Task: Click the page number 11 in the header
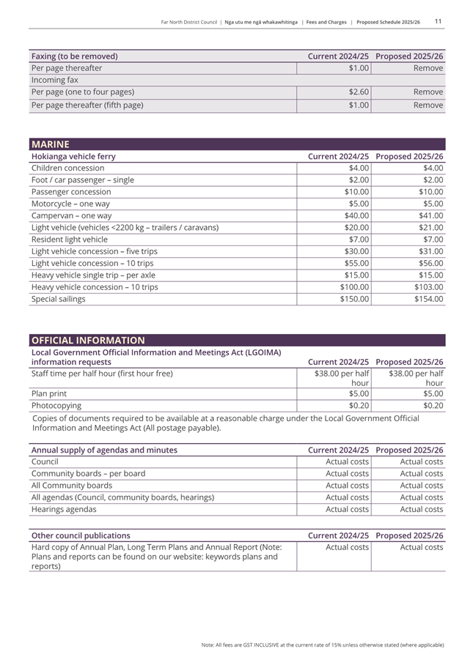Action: coord(438,22)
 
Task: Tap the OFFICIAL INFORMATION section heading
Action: coord(87,340)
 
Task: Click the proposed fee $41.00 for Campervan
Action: coord(429,216)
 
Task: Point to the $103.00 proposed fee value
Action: coord(427,287)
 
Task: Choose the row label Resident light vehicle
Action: coord(70,240)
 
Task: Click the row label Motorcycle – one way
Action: coord(70,204)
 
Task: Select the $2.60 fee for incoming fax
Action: coord(358,92)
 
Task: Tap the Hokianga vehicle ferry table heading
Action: coord(73,157)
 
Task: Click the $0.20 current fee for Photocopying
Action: coord(359,405)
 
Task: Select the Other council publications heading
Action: coord(81,535)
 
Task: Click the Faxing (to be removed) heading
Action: coord(74,56)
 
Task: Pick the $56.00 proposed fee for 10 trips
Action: coord(429,263)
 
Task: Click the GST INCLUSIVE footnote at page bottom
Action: coord(323,645)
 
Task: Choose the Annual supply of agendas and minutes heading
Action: coord(103,450)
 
